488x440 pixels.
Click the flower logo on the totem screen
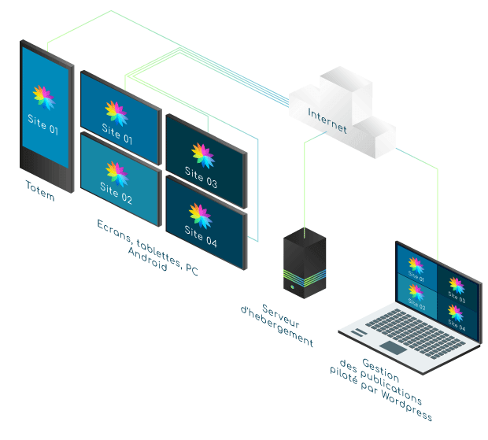click(43, 98)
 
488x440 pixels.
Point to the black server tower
click(305, 264)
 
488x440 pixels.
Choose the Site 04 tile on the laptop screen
click(456, 316)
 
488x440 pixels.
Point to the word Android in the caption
click(147, 261)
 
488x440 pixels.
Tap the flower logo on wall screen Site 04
click(201, 213)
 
